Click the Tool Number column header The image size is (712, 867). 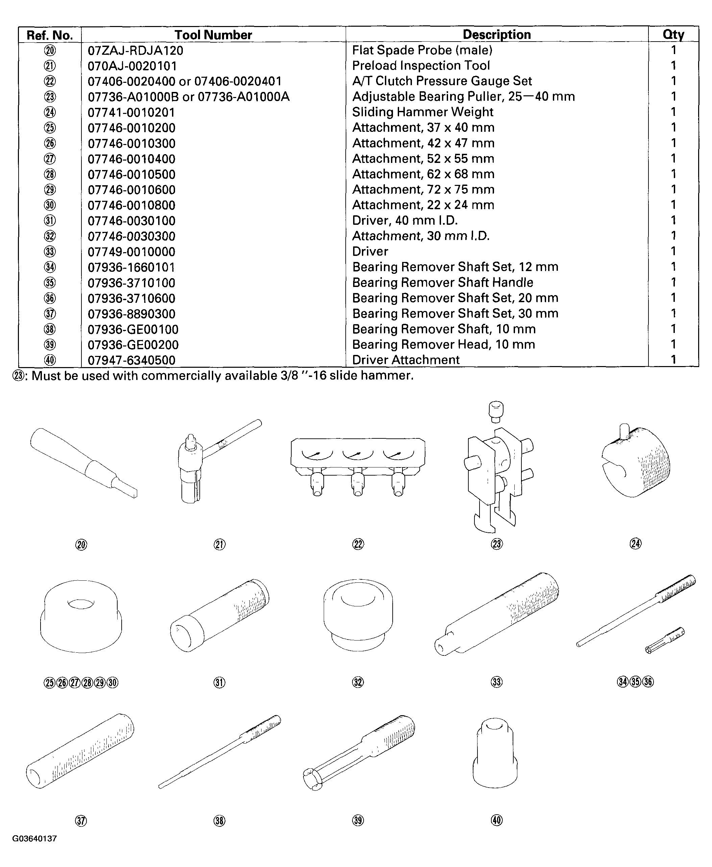coord(213,35)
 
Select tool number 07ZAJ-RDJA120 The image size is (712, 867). coord(136,50)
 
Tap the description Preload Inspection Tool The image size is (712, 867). coord(421,66)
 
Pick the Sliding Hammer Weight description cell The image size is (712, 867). coord(422,112)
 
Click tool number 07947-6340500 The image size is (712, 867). coord(131,360)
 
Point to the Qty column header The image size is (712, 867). coord(673,35)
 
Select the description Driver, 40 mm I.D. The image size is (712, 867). coord(405,221)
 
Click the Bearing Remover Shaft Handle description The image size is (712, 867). coord(443,283)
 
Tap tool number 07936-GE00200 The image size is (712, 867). coord(133,345)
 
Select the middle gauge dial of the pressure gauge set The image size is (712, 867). coord(358,454)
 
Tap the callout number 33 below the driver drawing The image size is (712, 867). coord(497,682)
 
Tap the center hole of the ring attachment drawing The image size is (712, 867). coord(81,604)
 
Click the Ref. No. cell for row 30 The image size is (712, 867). coord(50,205)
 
